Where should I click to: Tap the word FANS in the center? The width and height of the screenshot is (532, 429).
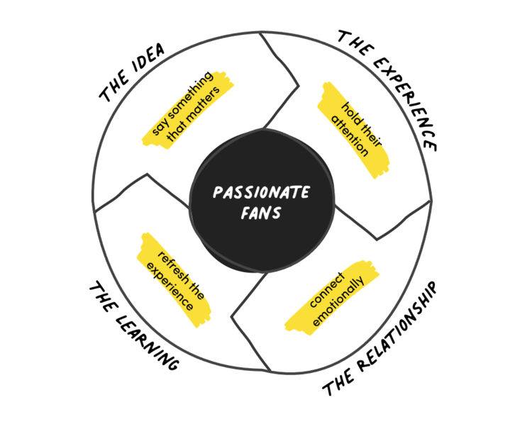click(262, 212)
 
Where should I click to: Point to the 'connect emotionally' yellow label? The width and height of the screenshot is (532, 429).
click(333, 298)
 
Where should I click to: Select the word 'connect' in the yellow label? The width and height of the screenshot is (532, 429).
click(326, 291)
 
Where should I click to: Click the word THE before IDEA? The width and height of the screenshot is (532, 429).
click(114, 89)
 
